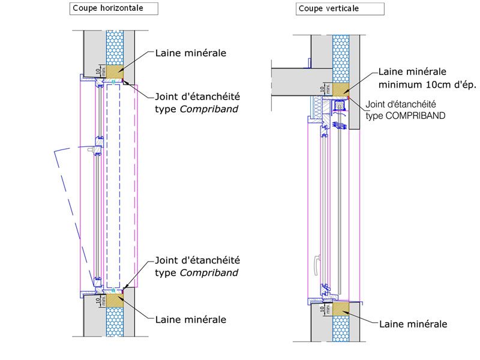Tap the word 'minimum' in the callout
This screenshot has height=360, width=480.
pyautogui.click(x=401, y=85)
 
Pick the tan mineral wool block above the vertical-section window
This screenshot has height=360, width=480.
pyautogui.click(x=341, y=89)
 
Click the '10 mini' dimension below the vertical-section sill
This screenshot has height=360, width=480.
pyautogui.click(x=324, y=311)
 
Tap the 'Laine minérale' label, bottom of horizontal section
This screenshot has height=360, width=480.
pyautogui.click(x=190, y=319)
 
